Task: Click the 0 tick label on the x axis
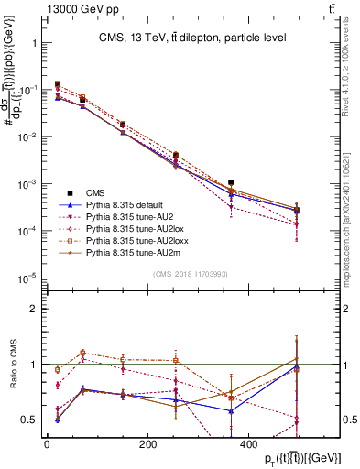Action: (x=47, y=444)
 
